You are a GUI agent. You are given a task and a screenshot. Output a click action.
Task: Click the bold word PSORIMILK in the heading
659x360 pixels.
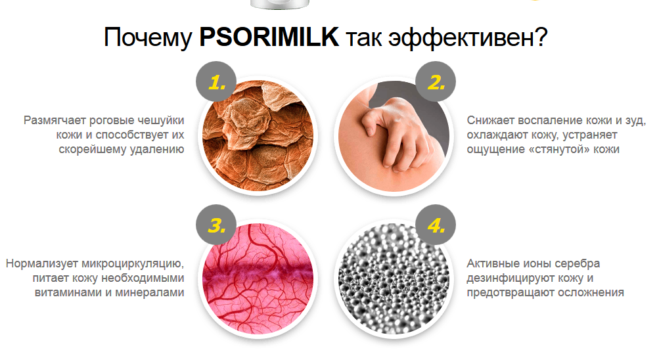(x=269, y=37)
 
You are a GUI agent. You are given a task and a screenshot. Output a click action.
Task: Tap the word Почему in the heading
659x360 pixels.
(x=148, y=38)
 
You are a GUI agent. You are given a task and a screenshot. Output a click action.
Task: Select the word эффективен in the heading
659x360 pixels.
(x=467, y=38)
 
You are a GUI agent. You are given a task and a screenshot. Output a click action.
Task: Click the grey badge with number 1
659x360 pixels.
(x=216, y=81)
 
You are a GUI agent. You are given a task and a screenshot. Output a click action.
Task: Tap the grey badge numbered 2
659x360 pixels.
(x=436, y=81)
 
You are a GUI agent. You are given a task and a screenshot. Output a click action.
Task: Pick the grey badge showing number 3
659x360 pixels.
(x=216, y=225)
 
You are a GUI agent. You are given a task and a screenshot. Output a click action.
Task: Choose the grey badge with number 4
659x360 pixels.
(x=436, y=225)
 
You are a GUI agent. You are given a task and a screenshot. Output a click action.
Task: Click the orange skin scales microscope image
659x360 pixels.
(x=258, y=136)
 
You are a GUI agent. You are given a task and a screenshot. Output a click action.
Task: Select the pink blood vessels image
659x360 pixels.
(x=258, y=279)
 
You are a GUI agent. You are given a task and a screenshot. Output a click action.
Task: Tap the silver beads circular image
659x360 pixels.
(x=394, y=279)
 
